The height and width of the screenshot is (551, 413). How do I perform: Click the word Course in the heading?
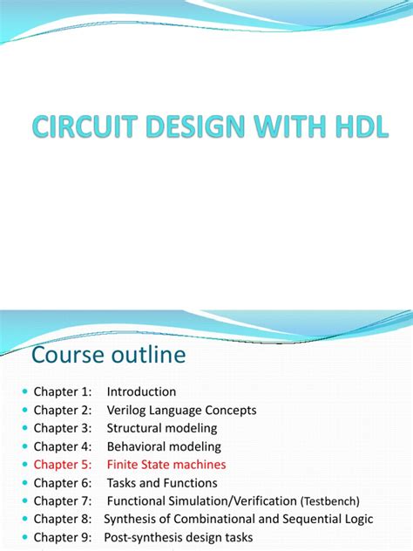tap(69, 355)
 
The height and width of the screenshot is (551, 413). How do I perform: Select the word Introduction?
tap(141, 391)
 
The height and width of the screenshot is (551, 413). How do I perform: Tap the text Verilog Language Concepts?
tap(182, 410)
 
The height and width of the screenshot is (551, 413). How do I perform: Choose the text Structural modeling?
tap(162, 428)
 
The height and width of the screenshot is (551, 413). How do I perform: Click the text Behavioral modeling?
tap(163, 446)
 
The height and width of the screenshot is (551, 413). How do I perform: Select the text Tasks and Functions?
tap(162, 483)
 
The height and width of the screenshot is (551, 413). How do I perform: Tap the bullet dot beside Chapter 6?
tap(24, 483)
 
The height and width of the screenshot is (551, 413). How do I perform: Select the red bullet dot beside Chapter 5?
tap(24, 465)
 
